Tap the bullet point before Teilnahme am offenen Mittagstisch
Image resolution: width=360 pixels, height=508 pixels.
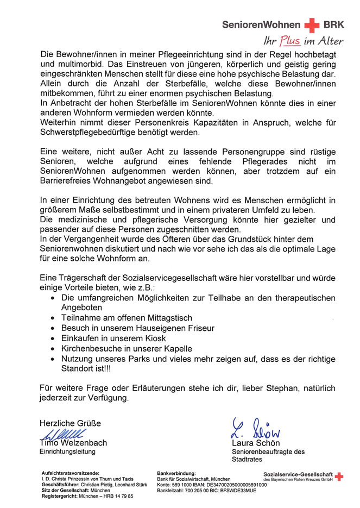52,318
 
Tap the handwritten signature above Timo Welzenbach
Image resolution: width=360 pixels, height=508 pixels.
61,434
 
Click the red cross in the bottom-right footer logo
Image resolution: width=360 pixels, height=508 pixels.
339,476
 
